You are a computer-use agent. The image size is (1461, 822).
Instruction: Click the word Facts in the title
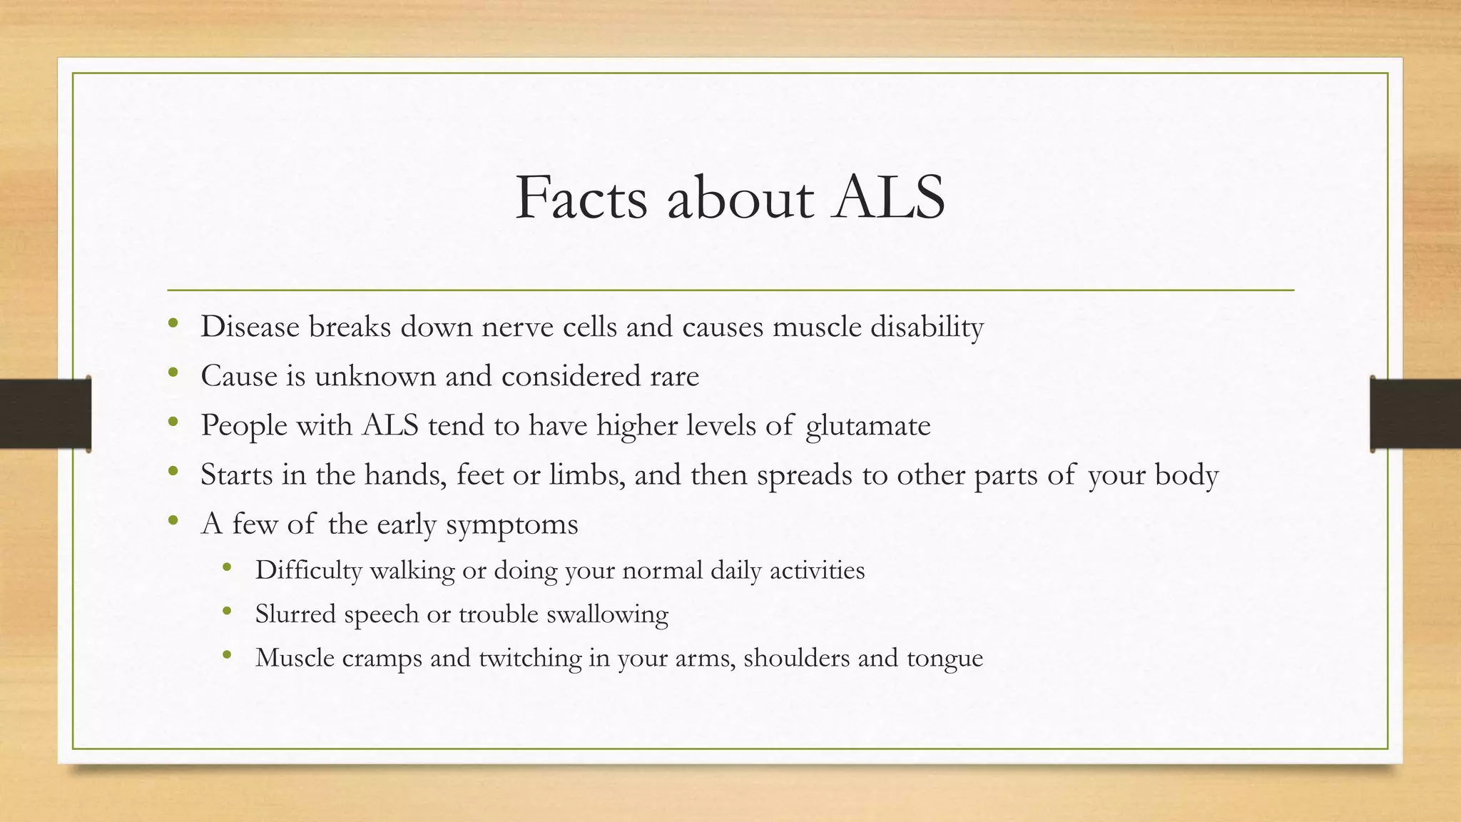[581, 198]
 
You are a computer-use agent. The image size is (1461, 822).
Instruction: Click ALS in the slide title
[889, 198]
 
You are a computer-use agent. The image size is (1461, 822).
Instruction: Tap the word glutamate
[867, 426]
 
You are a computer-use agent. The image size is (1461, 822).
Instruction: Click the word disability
[927, 327]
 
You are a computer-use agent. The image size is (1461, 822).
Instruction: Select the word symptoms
[511, 524]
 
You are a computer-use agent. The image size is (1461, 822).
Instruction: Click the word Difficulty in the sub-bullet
[308, 570]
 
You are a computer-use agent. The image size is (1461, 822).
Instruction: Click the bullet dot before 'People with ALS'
[173, 422]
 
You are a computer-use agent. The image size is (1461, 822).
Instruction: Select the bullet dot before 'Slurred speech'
[227, 611]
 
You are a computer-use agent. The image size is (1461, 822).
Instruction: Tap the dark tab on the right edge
[1415, 414]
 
